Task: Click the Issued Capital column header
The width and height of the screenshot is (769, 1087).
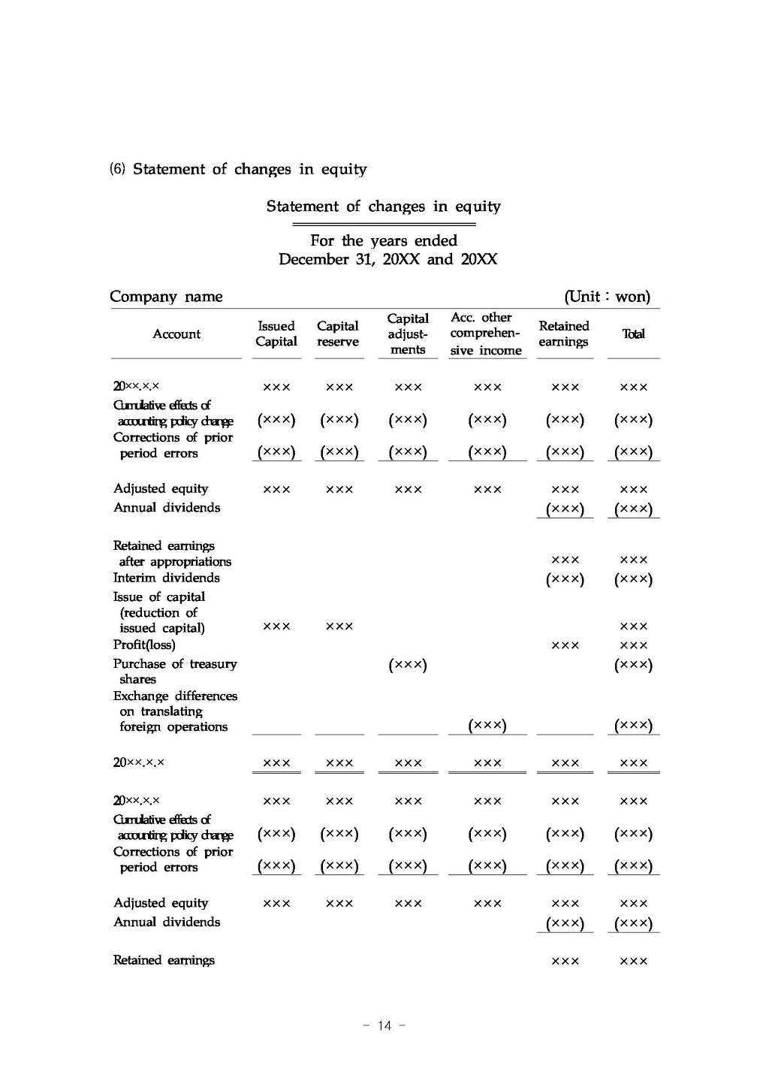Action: (x=276, y=334)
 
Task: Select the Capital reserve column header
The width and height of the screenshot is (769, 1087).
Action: (x=338, y=334)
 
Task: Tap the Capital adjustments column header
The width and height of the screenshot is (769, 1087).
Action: (x=408, y=334)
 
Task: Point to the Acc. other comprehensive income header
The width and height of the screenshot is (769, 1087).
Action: (x=485, y=334)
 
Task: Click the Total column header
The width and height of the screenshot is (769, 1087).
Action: (x=633, y=334)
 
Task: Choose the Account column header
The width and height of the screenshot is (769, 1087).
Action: (x=176, y=334)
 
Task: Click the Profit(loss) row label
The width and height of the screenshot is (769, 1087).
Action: (x=144, y=645)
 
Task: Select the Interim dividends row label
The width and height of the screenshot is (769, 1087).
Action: (x=167, y=578)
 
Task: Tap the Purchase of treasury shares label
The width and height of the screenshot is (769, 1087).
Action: (x=174, y=671)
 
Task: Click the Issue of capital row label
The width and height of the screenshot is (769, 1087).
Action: (x=160, y=612)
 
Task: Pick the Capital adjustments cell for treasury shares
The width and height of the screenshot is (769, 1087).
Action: (x=408, y=665)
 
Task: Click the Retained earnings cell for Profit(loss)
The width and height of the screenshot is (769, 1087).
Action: (x=565, y=645)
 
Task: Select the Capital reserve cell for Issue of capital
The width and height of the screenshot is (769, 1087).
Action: (x=339, y=626)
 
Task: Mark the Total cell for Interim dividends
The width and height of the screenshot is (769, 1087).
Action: (x=633, y=579)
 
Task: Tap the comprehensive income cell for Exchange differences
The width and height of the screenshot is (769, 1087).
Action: (x=487, y=725)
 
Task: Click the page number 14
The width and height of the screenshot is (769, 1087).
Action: (x=384, y=1025)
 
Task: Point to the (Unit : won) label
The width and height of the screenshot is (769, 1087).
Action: (x=607, y=297)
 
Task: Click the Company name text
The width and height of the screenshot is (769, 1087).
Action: (x=166, y=297)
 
